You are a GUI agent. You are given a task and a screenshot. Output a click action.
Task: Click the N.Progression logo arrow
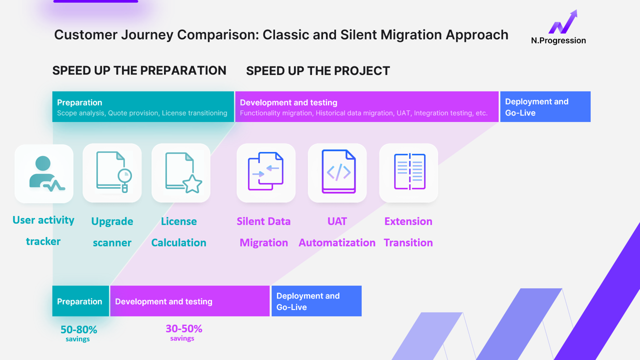(x=563, y=22)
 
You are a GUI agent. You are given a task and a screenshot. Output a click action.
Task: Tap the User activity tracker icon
(x=44, y=173)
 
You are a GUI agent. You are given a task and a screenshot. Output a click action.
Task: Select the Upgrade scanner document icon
(x=112, y=172)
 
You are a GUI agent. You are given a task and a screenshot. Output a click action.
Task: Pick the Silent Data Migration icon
(x=266, y=172)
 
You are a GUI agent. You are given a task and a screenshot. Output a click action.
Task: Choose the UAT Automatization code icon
(x=338, y=172)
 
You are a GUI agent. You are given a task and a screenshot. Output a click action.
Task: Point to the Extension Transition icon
(x=409, y=172)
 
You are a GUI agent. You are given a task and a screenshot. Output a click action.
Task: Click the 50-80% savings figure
(x=78, y=330)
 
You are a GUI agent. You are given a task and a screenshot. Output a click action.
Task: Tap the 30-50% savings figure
(x=183, y=329)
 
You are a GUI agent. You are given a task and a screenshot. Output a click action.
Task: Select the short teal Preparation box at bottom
(x=80, y=301)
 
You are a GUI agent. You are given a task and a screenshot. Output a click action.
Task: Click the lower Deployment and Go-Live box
(x=316, y=301)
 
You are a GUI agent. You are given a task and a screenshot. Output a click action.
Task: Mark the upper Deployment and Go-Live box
(x=545, y=107)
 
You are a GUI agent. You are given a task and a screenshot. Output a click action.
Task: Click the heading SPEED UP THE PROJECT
(x=317, y=71)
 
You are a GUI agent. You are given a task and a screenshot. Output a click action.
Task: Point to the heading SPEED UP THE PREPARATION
(x=139, y=70)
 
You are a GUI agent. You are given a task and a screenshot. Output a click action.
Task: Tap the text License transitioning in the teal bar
(x=194, y=113)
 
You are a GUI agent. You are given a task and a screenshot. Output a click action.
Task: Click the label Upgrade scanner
(x=112, y=232)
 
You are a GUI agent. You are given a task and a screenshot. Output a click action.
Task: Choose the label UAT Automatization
(x=337, y=232)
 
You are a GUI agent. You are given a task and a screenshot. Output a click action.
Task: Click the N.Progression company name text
(x=558, y=40)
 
